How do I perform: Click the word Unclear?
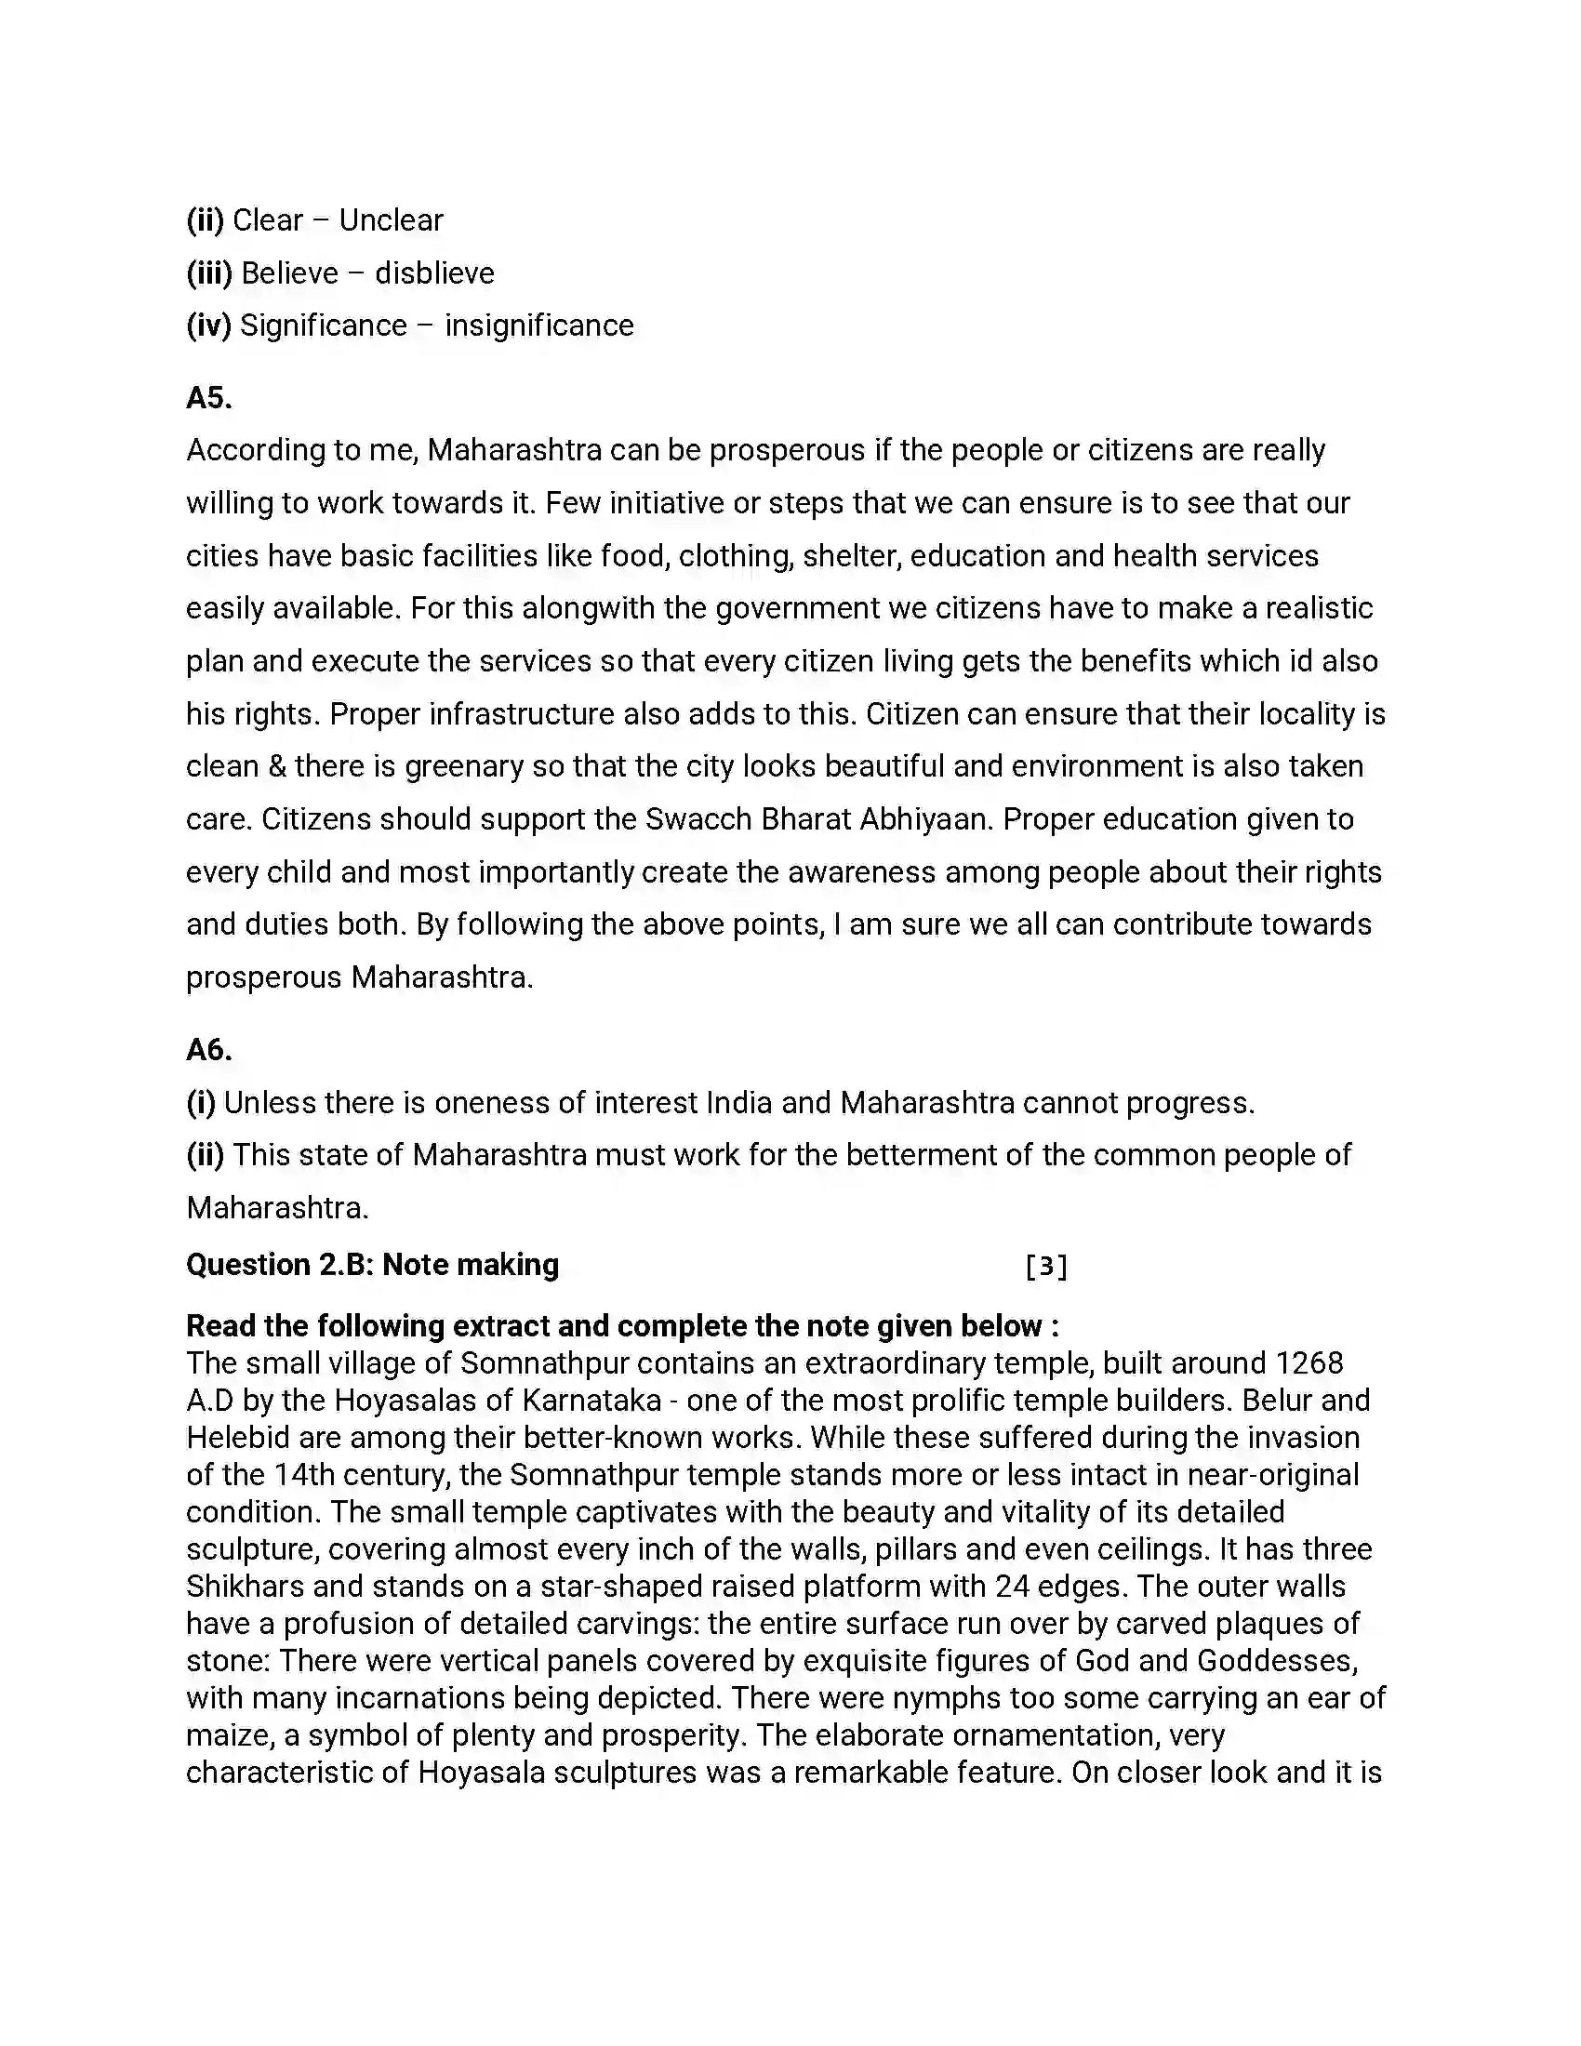pos(391,220)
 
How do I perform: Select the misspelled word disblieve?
pos(433,272)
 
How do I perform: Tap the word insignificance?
pos(538,325)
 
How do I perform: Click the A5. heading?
pos(209,398)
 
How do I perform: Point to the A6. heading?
pos(209,1049)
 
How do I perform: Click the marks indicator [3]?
pos(1046,1267)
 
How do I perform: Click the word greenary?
pos(465,766)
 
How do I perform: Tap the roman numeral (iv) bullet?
pos(208,325)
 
